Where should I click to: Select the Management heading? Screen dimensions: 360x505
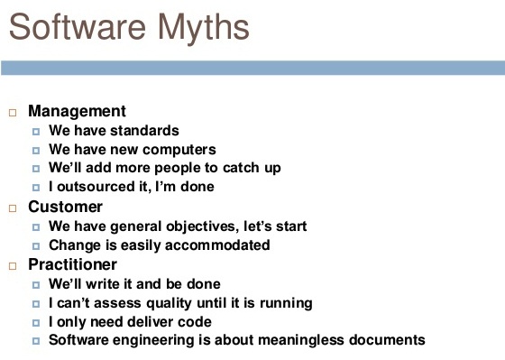tap(77, 112)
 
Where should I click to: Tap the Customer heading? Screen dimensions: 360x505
tap(65, 207)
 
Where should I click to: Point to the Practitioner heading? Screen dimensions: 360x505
tap(72, 264)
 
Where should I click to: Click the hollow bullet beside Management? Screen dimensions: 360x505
tap(13, 113)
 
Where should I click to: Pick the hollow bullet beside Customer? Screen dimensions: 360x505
tap(13, 208)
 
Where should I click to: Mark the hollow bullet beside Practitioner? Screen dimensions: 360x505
tap(13, 265)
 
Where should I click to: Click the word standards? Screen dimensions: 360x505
tap(146, 131)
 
